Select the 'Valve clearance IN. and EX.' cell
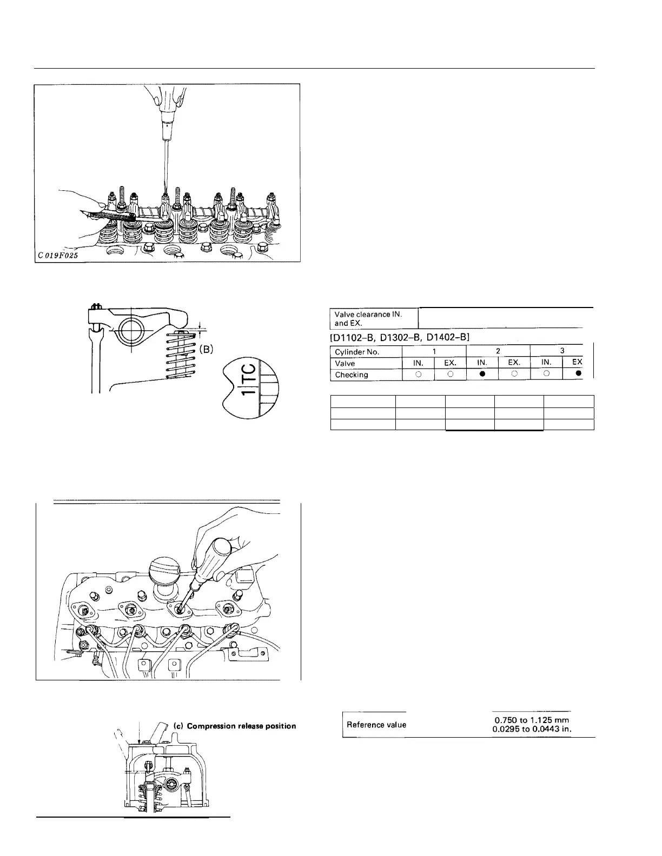point(374,318)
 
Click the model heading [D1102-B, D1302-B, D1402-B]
point(399,337)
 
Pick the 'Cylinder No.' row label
point(358,352)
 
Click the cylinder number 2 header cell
point(498,351)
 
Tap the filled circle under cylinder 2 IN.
point(482,374)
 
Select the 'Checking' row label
point(352,374)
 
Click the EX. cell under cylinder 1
point(450,363)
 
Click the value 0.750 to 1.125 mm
point(533,720)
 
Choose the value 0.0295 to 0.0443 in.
point(533,729)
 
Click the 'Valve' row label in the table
point(345,363)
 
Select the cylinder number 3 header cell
point(562,351)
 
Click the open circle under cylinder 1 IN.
point(418,374)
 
